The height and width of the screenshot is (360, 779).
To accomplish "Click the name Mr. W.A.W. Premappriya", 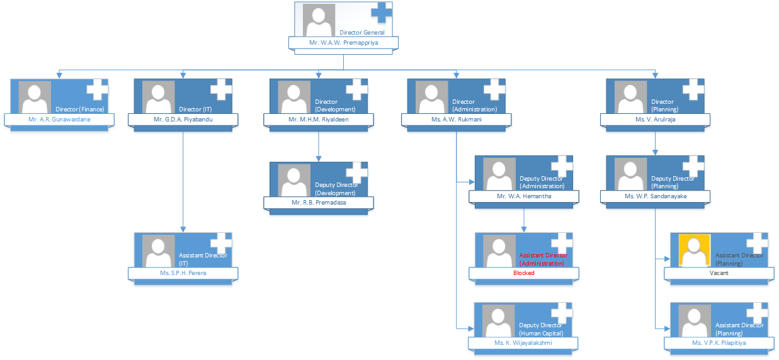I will coord(343,43).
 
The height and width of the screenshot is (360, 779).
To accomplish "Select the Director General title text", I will coord(361,32).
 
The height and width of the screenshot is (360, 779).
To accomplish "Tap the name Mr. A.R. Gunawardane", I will coord(59,119).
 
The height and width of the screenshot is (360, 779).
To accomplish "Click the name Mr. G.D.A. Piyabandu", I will coord(183,119).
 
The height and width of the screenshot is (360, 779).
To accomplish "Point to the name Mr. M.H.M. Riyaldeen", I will coord(318,119).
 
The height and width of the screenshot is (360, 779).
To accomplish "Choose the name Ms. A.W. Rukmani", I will coord(455,119).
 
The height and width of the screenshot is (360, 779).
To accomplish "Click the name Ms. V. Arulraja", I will coord(654,119).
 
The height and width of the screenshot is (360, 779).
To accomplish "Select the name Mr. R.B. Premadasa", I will coord(318,203).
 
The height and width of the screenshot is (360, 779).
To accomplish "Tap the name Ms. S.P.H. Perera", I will coord(183,273).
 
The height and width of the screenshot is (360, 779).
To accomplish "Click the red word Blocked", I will coord(523,273).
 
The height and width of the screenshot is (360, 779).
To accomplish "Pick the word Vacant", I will coord(719,273).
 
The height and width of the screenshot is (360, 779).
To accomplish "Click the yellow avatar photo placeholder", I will coord(695,250).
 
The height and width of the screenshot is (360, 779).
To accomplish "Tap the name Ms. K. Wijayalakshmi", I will coord(523,343).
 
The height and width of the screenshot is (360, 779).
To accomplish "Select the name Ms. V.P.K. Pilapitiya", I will coord(719,343).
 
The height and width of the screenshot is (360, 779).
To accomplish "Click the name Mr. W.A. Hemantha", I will coord(523,196).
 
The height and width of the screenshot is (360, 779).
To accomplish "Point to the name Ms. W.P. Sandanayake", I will coord(654,196).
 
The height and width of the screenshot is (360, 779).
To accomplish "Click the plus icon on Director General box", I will coord(382,13).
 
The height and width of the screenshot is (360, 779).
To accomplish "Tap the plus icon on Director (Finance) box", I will coord(97,89).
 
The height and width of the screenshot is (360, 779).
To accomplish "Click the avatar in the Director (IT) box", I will coord(159,97).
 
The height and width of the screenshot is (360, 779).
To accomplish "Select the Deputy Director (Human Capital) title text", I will coord(541,329).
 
